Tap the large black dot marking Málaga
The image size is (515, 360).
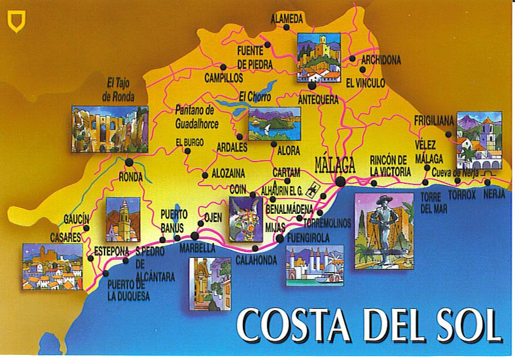pyautogui.click(x=341, y=181)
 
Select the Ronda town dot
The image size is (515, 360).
pyautogui.click(x=129, y=162)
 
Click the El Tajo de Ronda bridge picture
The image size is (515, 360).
pyautogui.click(x=109, y=129)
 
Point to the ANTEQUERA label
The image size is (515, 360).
pyautogui.click(x=318, y=100)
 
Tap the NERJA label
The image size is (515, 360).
pyautogui.click(x=494, y=195)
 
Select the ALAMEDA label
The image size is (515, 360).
pyautogui.click(x=287, y=19)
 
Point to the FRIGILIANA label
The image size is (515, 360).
pyautogui.click(x=434, y=121)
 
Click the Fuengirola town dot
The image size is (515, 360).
pyautogui.click(x=280, y=238)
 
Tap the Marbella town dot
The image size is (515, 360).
pyautogui.click(x=194, y=236)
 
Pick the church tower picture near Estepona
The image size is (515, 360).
pyautogui.click(x=123, y=219)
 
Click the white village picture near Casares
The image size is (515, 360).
pyautogui.click(x=52, y=266)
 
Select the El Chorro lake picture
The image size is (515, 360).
pyautogui.click(x=274, y=123)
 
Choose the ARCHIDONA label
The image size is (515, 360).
pyautogui.click(x=381, y=60)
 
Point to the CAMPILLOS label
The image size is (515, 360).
pyautogui.click(x=224, y=77)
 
